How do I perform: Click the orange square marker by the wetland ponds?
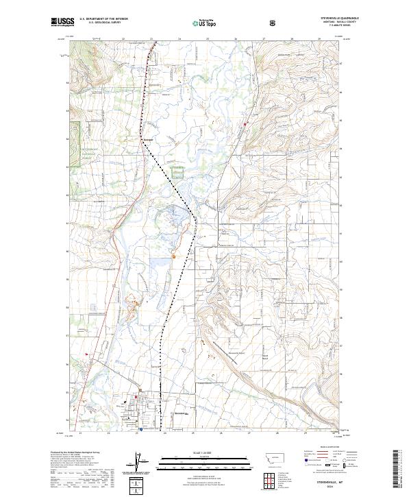(x=174, y=256)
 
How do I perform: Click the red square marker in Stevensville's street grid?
(x=137, y=396)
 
